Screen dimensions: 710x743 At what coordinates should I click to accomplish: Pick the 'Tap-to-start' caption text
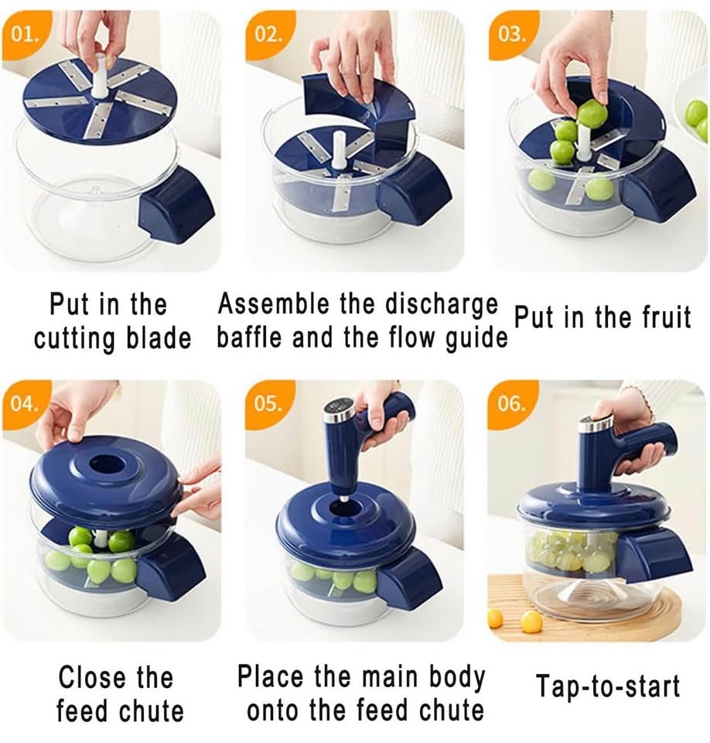pos(608,687)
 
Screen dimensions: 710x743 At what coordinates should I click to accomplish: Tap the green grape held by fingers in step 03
pos(592,113)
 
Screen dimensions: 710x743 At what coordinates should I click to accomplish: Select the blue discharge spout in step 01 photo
pos(176,205)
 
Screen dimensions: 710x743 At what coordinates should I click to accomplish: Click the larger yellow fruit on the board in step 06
pos(531,621)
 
